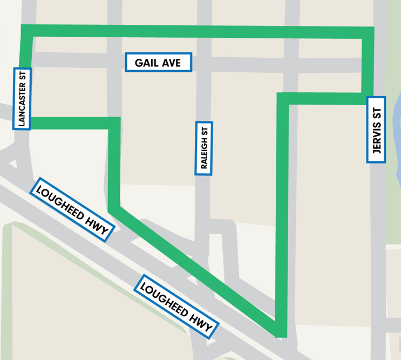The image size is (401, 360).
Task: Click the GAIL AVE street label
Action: point(159,63)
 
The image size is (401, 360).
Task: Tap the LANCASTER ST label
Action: point(22,98)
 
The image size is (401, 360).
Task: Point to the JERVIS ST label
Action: point(376,130)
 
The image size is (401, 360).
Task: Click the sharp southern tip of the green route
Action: point(280,332)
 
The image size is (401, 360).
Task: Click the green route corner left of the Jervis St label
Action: point(283,99)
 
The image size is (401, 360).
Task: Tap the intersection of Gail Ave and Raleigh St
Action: point(204,63)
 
